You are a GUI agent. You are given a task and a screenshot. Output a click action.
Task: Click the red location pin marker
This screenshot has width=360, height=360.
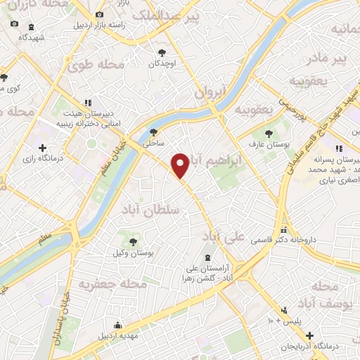coord(181,165)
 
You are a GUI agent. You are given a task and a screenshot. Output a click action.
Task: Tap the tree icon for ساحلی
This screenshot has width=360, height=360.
coord(154,131)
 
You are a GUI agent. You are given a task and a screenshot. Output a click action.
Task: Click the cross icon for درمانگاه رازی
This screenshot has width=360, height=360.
coord(43,148)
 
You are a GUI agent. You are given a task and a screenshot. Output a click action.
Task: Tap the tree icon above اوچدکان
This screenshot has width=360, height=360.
coord(163,53)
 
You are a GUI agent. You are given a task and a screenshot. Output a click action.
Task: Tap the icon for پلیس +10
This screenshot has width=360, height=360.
coord(284,310)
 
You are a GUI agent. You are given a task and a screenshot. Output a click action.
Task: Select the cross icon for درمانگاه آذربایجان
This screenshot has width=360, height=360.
coord(309,335)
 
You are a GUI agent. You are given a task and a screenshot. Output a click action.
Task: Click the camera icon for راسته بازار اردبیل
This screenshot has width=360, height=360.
coord(98,14)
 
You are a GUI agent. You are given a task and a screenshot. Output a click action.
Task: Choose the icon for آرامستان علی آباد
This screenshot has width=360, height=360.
coord(207,258)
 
